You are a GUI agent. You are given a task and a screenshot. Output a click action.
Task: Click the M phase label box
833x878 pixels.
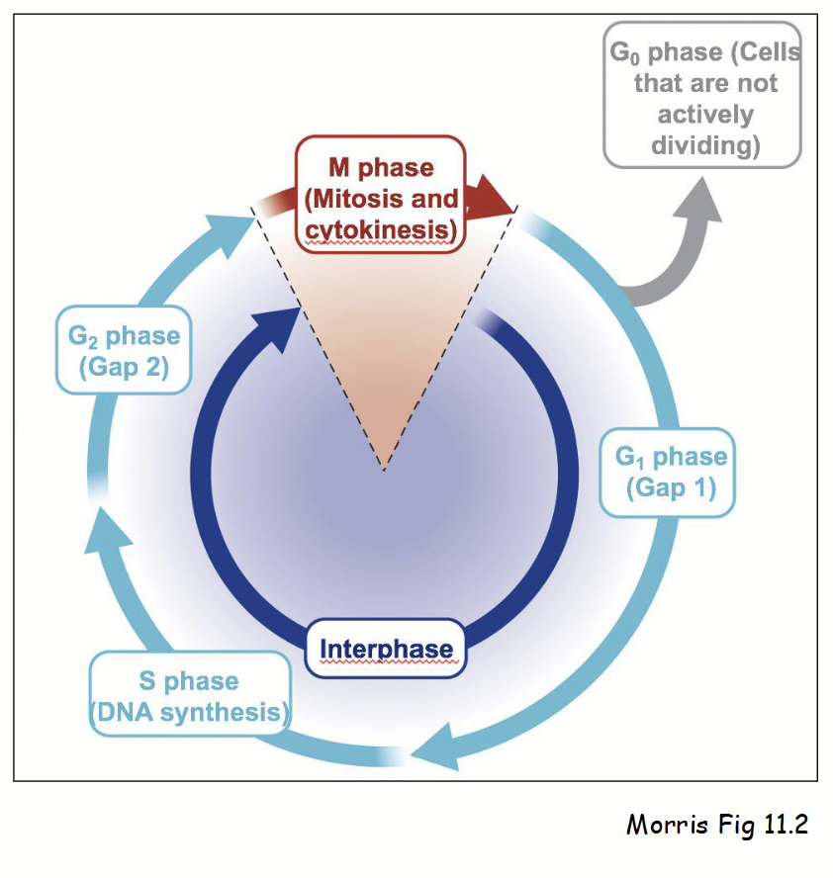pos(381,190)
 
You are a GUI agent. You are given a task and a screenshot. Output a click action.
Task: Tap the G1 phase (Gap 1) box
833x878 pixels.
pos(669,473)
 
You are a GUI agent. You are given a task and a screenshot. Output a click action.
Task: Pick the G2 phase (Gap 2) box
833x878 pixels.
pos(124,351)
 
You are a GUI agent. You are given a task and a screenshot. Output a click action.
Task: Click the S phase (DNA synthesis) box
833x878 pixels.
pos(190,696)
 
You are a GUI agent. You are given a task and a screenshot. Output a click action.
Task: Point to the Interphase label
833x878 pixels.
pos(386,650)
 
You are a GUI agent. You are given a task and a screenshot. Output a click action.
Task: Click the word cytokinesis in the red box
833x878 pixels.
pos(381,230)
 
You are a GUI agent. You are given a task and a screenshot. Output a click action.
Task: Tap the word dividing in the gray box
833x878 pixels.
pos(704,145)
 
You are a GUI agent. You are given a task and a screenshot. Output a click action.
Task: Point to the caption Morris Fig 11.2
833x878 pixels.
pos(716,824)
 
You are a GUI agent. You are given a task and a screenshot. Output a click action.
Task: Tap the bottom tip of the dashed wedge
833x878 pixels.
pos(386,470)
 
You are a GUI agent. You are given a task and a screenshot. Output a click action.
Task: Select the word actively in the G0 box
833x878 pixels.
pos(705,115)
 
